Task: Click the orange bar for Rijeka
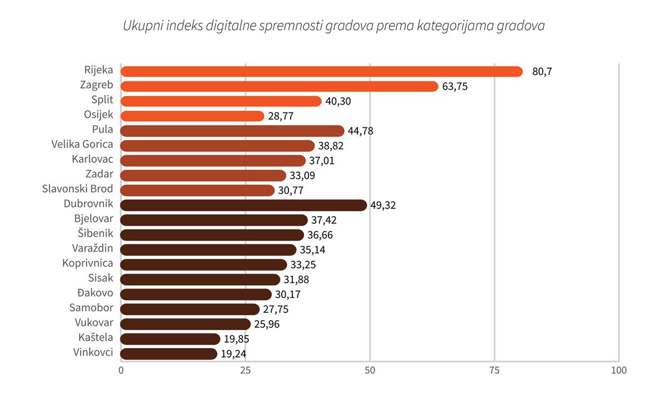click(x=322, y=71)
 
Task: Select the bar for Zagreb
click(x=279, y=86)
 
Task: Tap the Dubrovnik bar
click(x=244, y=205)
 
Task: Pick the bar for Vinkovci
click(x=169, y=354)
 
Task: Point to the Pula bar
click(x=232, y=131)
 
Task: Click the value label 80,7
click(x=542, y=72)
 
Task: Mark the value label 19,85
click(x=236, y=339)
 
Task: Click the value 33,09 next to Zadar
click(x=302, y=176)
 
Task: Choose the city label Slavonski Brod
click(x=77, y=189)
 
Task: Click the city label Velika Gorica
click(x=82, y=144)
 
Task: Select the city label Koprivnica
click(x=87, y=263)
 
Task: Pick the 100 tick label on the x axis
click(x=618, y=371)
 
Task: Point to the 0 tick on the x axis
click(x=121, y=371)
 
